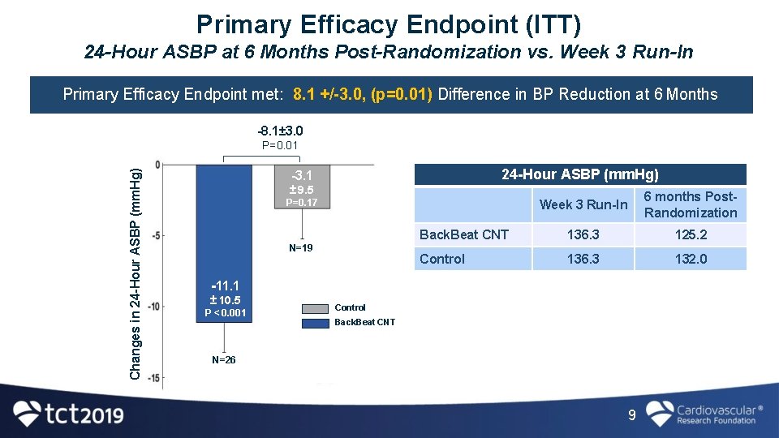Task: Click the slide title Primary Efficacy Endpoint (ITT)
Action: pos(389,24)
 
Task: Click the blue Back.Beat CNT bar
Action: pos(224,235)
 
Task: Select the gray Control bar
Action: pos(302,187)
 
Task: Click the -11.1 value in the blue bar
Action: pos(224,285)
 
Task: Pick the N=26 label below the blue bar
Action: pos(224,359)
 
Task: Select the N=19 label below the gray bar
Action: pos(301,247)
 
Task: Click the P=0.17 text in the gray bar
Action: pos(302,203)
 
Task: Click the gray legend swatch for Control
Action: pos(315,308)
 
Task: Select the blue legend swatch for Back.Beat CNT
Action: pos(315,323)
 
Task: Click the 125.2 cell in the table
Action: pos(691,234)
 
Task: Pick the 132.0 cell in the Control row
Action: pos(691,259)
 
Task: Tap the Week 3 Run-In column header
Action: pos(583,204)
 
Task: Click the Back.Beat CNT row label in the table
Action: pos(464,234)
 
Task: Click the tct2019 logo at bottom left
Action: pos(69,414)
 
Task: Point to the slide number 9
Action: pos(632,415)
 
